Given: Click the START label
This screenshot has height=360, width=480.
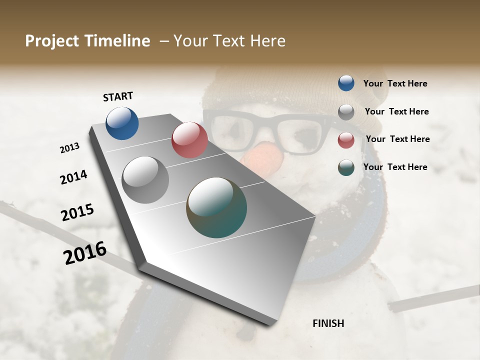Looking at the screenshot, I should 118,96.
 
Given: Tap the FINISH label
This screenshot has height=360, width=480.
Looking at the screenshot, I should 328,323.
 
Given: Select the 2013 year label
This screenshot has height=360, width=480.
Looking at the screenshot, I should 69,148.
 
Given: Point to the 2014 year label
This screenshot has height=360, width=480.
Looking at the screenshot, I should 73,177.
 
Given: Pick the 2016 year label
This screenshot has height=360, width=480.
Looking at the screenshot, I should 85,252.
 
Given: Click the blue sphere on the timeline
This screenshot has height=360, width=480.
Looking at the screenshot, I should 122,123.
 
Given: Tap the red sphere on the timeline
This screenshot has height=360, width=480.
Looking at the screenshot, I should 189,140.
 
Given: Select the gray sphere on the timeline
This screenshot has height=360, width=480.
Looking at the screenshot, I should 145,180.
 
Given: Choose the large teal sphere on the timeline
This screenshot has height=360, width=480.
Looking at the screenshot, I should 216,207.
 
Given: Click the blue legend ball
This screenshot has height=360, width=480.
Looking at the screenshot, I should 346,83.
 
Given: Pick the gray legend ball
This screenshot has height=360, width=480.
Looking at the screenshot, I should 346,111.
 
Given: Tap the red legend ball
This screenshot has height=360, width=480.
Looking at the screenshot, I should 346,139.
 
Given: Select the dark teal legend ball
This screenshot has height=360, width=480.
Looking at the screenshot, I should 346,167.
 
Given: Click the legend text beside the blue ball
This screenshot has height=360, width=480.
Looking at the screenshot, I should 395,83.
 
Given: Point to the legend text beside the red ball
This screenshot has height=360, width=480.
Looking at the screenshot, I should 397,139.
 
